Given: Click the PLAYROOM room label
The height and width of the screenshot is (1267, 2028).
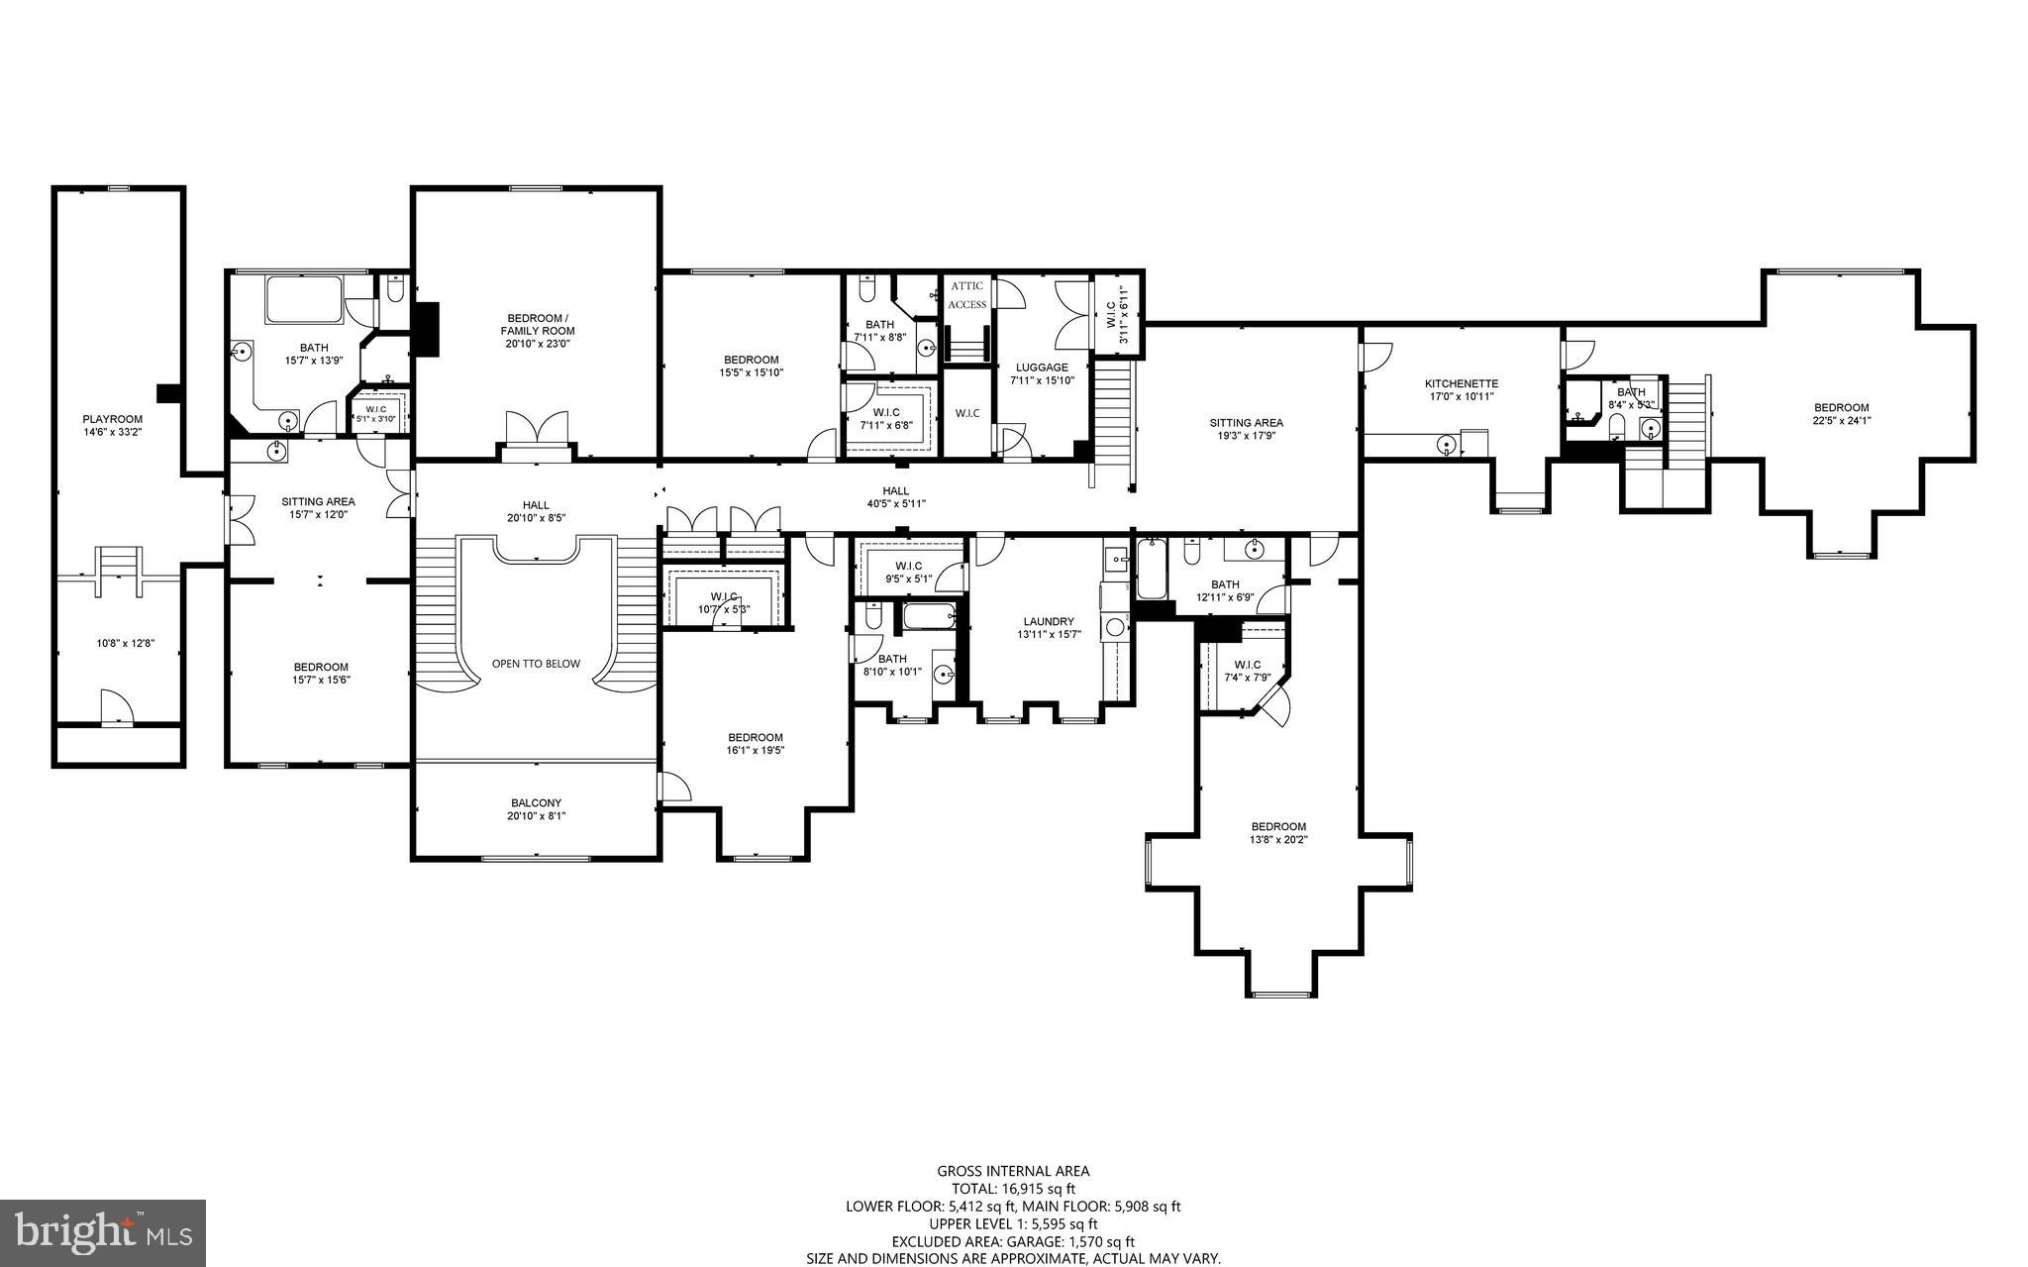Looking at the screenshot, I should point(112,419).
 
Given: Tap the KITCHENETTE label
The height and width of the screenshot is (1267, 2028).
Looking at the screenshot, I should point(1461,383).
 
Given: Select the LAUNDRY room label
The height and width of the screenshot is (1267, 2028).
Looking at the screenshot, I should point(1049,622).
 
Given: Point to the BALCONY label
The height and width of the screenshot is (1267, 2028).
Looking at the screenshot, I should point(536,803).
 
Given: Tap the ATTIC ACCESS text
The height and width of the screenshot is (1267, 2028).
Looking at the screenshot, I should point(966,295).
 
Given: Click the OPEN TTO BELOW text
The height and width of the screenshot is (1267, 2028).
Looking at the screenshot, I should point(536,664).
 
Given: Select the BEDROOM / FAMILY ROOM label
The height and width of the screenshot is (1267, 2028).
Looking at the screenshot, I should point(537,325).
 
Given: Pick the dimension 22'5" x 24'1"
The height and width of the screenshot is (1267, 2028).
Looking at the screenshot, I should point(1841,420).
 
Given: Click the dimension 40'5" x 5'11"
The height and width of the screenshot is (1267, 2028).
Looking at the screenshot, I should point(895,504).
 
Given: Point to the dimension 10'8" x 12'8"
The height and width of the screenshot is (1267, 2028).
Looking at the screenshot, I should point(125,644).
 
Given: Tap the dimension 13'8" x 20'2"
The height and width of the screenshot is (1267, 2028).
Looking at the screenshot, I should point(1277,839).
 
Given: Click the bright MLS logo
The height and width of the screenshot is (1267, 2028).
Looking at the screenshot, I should point(103,1231).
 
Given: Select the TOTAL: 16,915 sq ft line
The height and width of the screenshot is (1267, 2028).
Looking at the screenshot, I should point(1012,1189).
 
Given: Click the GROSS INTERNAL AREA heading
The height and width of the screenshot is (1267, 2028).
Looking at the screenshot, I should point(1013,1171).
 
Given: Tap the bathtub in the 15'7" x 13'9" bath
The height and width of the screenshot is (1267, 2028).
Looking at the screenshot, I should point(304,300).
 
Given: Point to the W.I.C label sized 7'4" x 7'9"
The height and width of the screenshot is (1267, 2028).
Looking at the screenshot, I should point(1247,665).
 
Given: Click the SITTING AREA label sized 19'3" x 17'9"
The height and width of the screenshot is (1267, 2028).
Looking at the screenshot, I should point(1246,423).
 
